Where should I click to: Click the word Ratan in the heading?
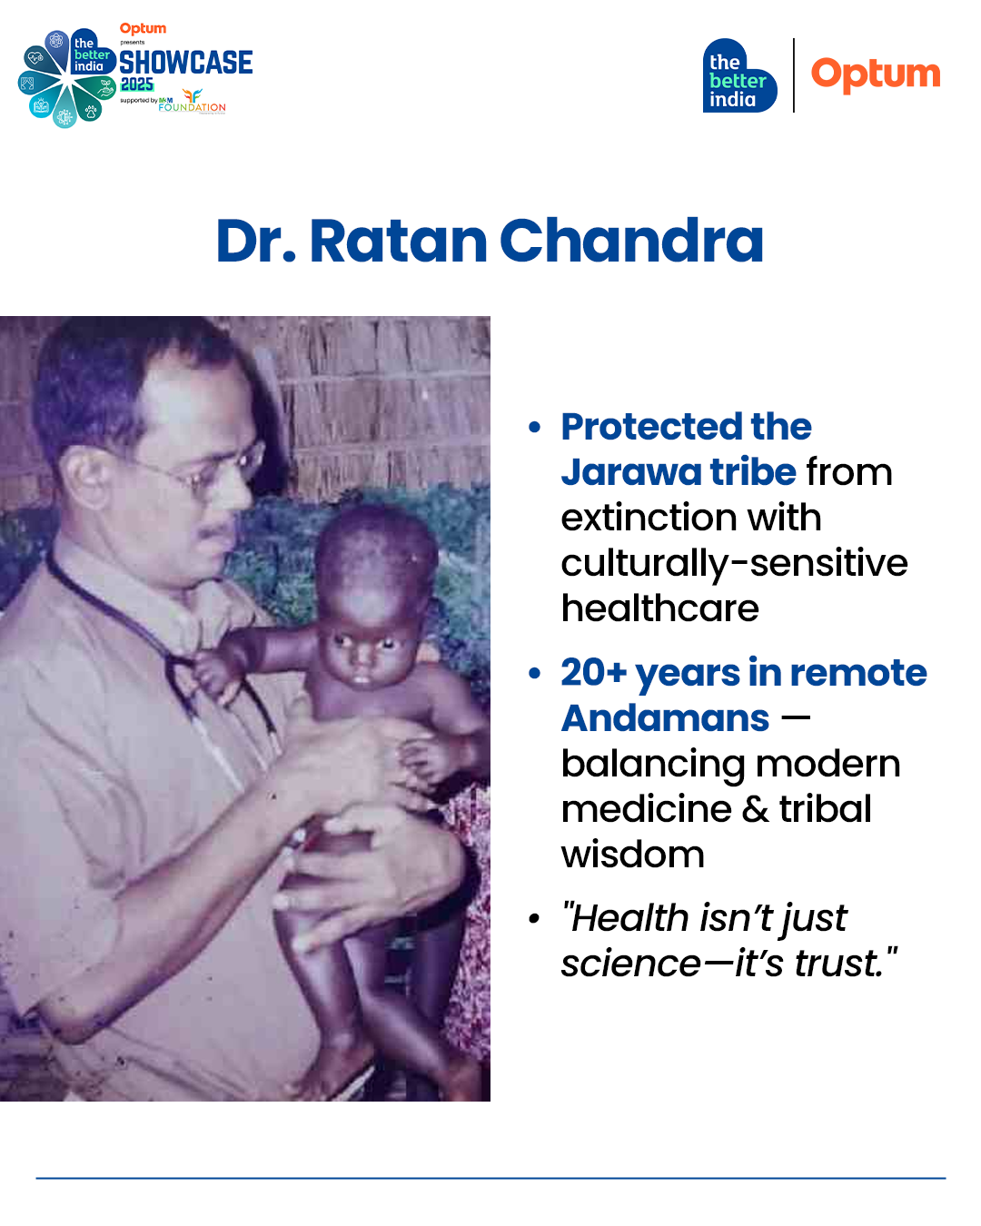click(x=398, y=241)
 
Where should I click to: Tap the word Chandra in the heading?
click(x=631, y=241)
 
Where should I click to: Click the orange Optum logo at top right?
click(x=875, y=74)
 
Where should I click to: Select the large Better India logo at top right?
click(x=739, y=75)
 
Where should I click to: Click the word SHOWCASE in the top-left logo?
click(x=186, y=62)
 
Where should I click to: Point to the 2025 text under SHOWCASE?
click(x=137, y=84)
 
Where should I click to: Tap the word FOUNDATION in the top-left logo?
click(x=192, y=107)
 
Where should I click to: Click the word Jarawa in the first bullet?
click(x=631, y=472)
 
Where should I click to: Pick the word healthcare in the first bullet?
click(x=659, y=608)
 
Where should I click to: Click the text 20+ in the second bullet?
click(x=593, y=672)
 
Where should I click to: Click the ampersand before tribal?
click(x=755, y=809)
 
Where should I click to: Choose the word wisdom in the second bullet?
click(x=633, y=855)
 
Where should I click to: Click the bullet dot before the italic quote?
click(x=534, y=918)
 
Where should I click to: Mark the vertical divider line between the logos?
click(x=794, y=75)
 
